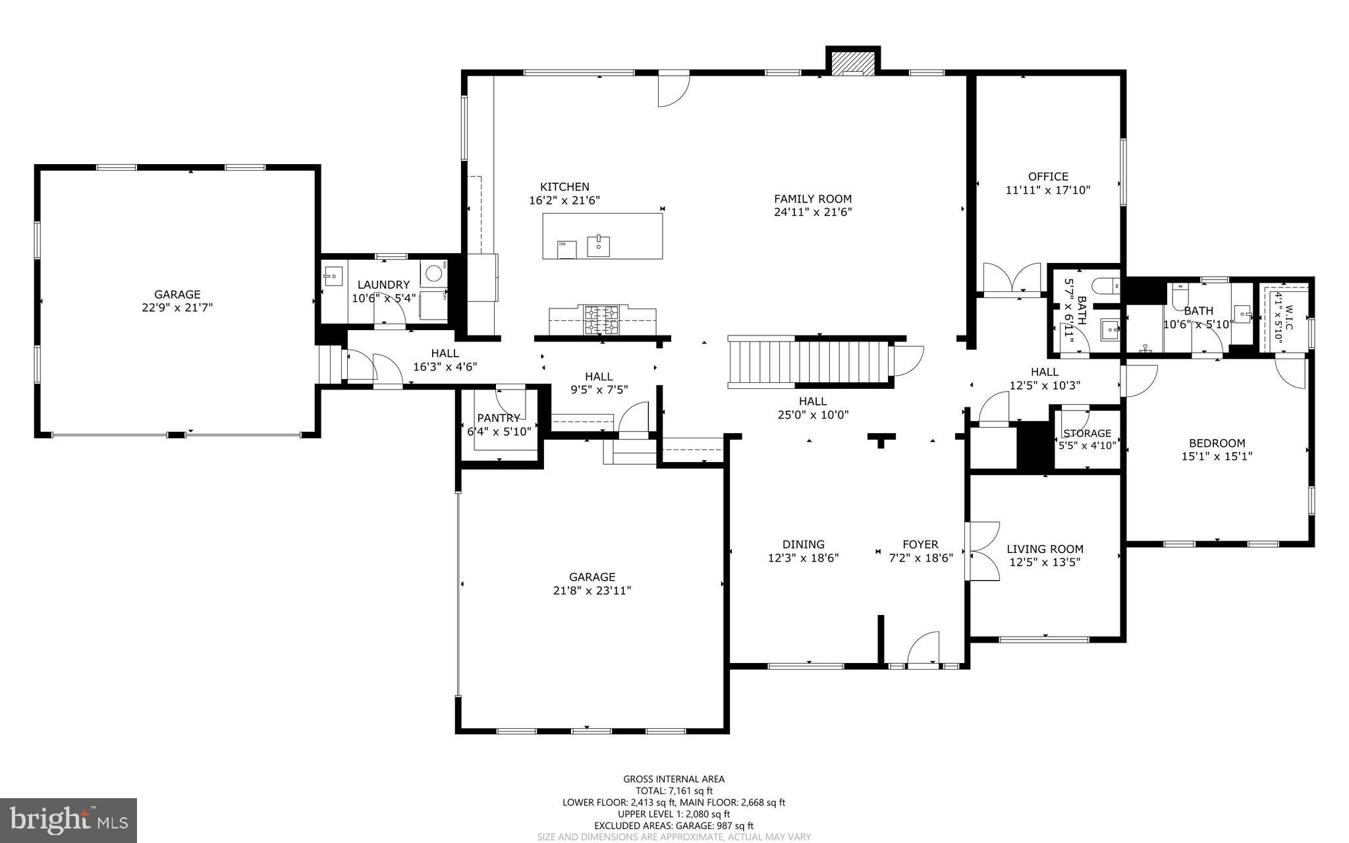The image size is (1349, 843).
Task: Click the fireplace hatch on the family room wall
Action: tap(853, 63)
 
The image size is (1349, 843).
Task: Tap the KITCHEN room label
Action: tap(564, 187)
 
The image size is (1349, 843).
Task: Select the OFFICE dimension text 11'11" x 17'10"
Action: tap(1048, 190)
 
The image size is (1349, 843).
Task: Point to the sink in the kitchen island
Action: tap(599, 245)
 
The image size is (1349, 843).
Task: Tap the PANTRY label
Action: tap(499, 418)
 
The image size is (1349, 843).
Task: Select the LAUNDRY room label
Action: tap(383, 285)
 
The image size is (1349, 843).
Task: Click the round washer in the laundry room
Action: tap(433, 273)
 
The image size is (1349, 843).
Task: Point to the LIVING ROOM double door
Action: tap(981, 552)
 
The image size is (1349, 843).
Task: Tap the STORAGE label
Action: tap(1087, 433)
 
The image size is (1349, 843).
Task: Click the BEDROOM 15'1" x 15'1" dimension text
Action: tap(1217, 456)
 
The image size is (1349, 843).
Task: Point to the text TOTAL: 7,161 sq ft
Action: tap(674, 791)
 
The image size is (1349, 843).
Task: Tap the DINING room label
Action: tap(803, 544)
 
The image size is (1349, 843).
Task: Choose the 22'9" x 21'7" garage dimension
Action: tap(177, 308)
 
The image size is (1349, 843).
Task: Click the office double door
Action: tap(1014, 279)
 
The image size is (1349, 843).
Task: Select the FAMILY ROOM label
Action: tap(812, 198)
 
